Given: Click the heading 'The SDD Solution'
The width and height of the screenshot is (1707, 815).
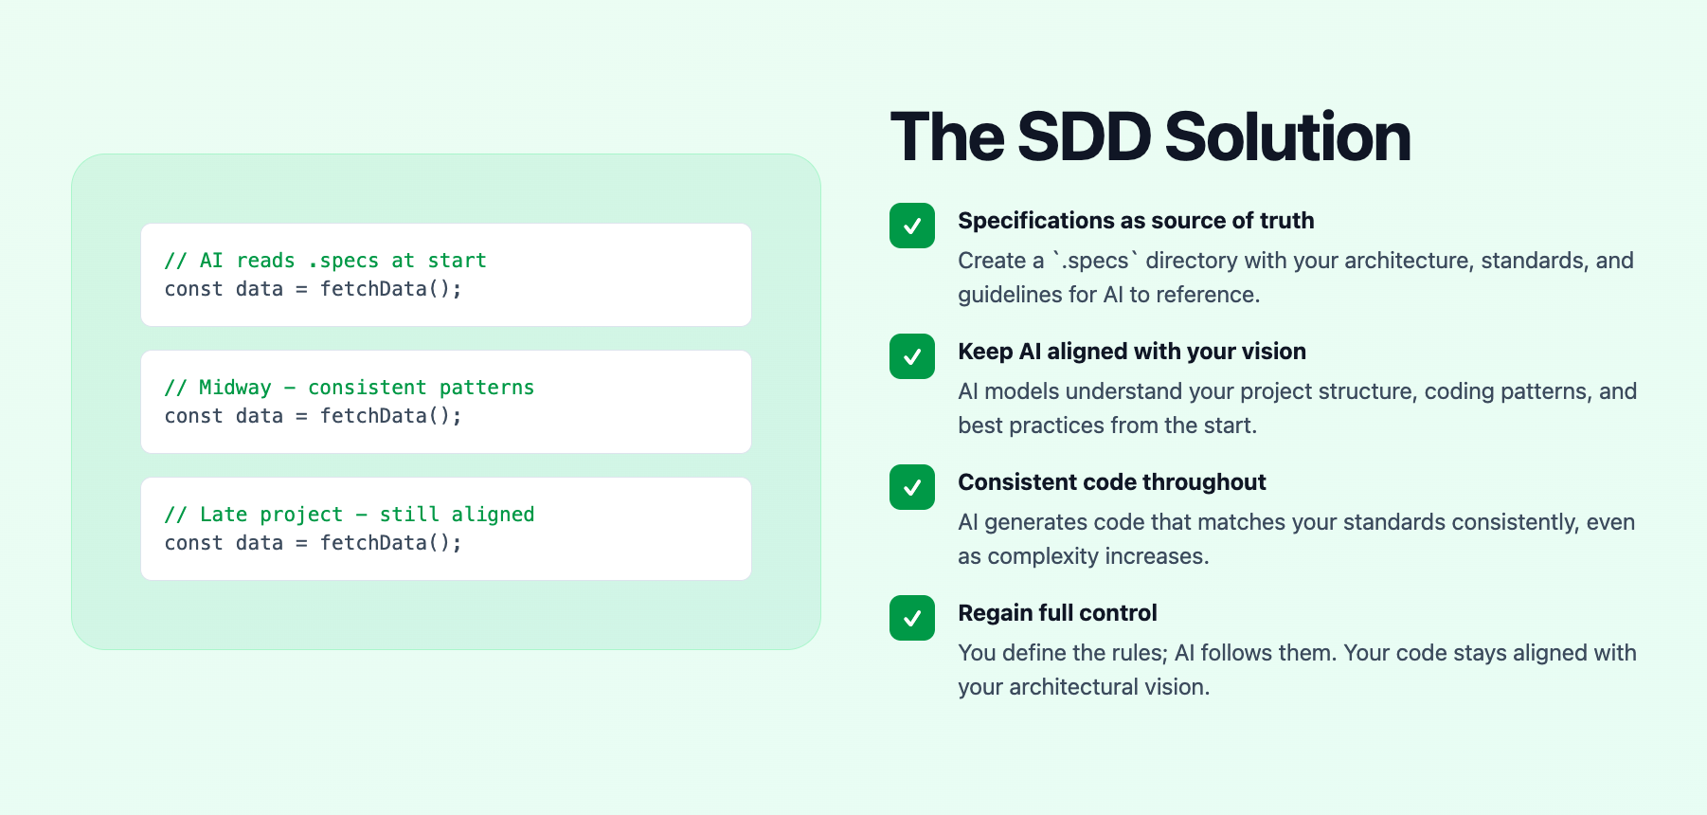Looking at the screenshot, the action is (x=1150, y=137).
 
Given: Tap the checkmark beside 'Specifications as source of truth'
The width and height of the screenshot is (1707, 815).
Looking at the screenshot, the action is (x=912, y=226).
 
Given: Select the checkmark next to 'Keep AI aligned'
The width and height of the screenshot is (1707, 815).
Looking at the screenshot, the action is (x=912, y=356).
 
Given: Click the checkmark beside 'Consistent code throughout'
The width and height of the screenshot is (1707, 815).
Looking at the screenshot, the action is (x=912, y=487).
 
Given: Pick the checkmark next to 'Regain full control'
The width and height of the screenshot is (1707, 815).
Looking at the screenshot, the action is (x=912, y=618).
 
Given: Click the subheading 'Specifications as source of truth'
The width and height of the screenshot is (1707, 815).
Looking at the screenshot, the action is (x=1136, y=221).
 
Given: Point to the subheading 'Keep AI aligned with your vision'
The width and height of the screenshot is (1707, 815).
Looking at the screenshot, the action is (x=1132, y=352).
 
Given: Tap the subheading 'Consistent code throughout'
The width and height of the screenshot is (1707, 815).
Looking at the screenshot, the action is (x=1112, y=482).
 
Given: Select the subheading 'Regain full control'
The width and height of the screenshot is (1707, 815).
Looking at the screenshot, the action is (x=1057, y=613).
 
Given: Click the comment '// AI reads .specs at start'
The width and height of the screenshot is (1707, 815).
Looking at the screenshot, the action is (x=325, y=261).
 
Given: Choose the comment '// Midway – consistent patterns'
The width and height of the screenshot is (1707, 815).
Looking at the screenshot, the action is (x=349, y=388).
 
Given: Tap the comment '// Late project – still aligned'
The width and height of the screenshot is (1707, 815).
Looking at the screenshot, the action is (x=349, y=515).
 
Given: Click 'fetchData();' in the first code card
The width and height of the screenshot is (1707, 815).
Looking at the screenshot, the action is (x=390, y=289).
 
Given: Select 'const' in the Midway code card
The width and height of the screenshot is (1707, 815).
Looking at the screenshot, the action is (x=193, y=416).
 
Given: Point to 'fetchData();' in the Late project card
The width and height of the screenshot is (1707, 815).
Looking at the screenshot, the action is (x=390, y=543).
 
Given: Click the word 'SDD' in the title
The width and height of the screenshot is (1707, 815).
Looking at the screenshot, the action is (x=1084, y=137).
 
